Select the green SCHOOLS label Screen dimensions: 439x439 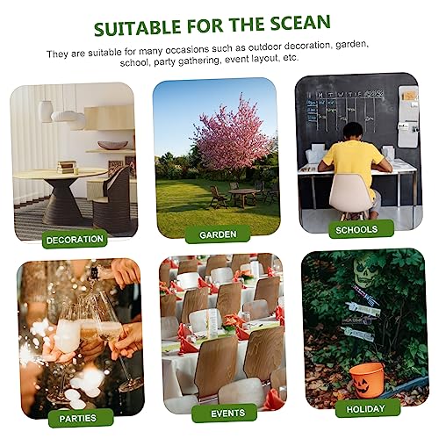(x=356, y=229)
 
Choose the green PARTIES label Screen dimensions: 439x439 (x=78, y=418)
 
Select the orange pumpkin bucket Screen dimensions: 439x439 (x=366, y=379)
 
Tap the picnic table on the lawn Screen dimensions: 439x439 (x=244, y=193)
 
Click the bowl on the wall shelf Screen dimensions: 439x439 (x=112, y=145)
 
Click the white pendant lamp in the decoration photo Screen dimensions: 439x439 (x=46, y=112)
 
